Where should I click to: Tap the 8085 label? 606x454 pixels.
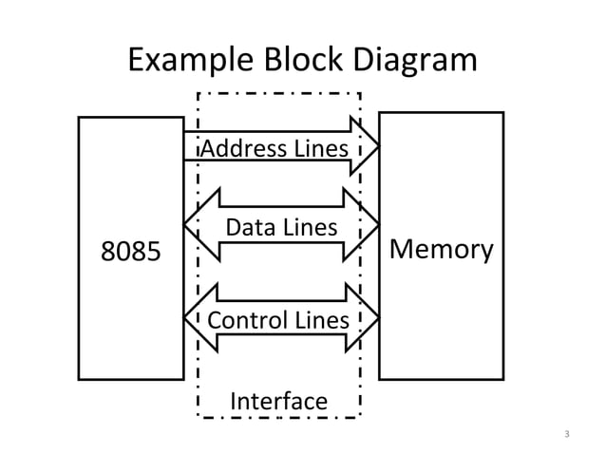coord(131,253)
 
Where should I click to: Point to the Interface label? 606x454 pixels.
coord(278,402)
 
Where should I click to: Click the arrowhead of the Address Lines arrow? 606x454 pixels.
coord(366,146)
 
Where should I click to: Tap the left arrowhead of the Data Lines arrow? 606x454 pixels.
coord(201,224)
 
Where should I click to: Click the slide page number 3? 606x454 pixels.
coord(566,436)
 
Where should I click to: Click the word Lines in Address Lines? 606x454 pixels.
coord(321,149)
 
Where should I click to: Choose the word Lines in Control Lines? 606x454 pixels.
coord(322,320)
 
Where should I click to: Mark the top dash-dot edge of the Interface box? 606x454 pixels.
coord(278,94)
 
